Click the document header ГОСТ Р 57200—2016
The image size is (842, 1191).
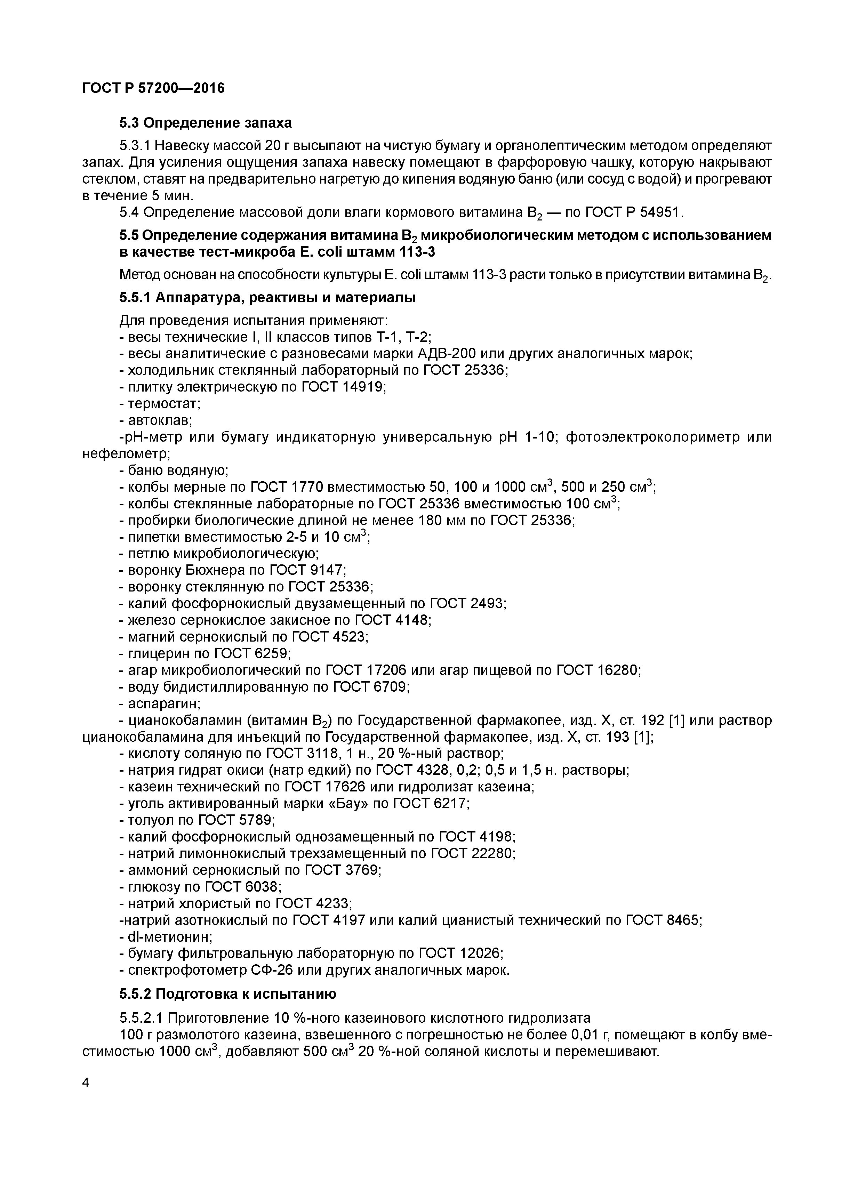154,89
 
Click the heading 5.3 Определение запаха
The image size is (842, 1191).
206,123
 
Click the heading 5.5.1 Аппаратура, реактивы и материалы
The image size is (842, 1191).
267,298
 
